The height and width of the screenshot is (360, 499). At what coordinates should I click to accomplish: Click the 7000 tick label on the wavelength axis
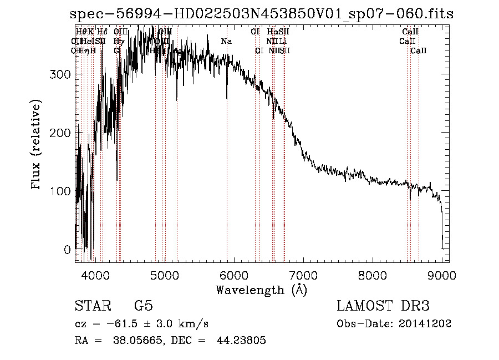click(x=303, y=275)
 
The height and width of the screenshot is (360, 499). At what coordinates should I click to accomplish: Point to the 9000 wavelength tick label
click(x=442, y=275)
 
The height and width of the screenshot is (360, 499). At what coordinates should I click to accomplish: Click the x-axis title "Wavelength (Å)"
click(x=261, y=290)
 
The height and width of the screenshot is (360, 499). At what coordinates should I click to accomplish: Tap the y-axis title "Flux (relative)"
click(x=37, y=145)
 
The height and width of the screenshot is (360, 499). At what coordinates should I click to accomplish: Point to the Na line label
click(x=226, y=42)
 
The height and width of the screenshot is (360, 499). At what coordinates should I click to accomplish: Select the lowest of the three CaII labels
click(x=419, y=51)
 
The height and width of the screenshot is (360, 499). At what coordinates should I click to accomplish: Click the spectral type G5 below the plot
click(x=143, y=306)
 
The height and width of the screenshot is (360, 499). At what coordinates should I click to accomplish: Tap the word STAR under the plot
click(x=92, y=306)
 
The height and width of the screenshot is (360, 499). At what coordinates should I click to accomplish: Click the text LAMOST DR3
click(x=383, y=306)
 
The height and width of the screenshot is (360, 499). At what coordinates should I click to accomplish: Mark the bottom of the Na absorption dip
click(x=227, y=99)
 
